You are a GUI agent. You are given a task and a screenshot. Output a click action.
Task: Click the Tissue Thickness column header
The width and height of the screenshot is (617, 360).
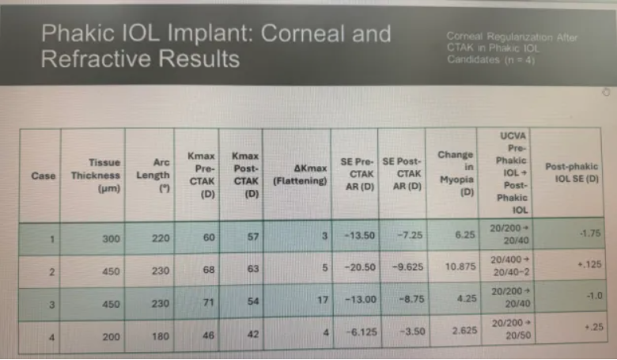96,176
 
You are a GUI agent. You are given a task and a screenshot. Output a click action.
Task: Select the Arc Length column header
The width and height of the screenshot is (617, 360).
153,175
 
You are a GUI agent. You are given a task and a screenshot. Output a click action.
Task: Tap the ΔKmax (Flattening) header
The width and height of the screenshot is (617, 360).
301,175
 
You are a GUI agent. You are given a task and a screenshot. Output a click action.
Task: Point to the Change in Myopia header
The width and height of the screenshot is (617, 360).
456,173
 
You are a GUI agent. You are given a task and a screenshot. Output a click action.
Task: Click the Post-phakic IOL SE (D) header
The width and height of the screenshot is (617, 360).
572,172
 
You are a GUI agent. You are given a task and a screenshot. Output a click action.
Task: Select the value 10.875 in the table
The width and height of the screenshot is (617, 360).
460,267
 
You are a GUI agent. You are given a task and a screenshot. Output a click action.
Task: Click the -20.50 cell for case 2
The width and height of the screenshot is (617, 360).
360,267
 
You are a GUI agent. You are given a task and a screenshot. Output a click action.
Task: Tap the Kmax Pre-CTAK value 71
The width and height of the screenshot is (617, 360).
208,302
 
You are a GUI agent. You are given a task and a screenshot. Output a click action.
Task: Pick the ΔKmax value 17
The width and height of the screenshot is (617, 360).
323,300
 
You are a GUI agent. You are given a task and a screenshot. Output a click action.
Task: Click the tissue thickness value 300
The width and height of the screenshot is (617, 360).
112,238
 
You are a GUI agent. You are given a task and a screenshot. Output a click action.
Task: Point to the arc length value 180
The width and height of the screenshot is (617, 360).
161,336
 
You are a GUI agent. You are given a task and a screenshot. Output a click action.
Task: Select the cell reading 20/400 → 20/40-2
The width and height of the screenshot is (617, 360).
511,266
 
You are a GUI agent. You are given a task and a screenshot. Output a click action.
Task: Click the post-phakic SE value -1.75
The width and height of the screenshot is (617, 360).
590,233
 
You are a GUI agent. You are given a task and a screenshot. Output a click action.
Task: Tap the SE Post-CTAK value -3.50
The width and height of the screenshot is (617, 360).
412,332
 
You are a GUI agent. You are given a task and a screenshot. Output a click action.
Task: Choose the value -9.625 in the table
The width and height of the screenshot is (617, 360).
407,267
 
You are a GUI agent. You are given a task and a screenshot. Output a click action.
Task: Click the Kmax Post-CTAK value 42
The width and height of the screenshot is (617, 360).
253,334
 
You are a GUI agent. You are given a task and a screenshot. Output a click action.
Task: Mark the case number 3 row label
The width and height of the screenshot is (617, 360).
51,305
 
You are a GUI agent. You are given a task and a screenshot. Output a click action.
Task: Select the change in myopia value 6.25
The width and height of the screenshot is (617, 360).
465,234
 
